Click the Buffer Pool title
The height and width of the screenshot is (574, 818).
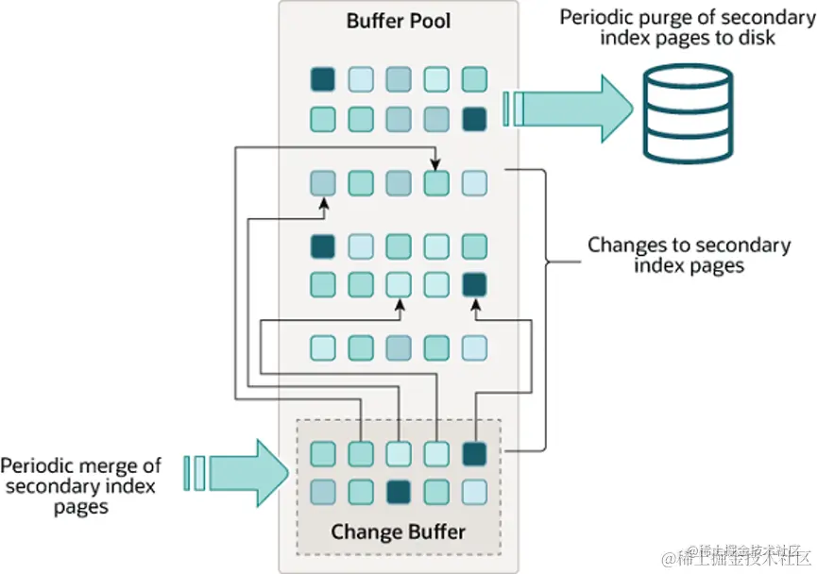coord(399,21)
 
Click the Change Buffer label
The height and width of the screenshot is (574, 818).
coord(398,532)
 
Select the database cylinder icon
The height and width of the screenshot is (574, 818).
coord(688,113)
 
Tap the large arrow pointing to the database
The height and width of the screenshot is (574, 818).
coord(568,109)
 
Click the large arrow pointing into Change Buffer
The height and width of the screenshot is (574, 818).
coord(236,473)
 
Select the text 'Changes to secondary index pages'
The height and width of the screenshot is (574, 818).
coord(690,255)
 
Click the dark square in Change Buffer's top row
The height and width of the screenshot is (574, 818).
coord(474,453)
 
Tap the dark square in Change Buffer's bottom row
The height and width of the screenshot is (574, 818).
coord(399,492)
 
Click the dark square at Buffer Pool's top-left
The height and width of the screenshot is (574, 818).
coord(323,79)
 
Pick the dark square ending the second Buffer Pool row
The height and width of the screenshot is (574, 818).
coord(474,119)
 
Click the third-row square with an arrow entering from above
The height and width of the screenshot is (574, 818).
coord(436,183)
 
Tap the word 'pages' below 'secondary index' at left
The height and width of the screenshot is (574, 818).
coord(81,507)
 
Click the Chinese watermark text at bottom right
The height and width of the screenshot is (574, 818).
coord(738,556)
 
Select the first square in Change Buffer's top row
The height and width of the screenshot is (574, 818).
coord(323,453)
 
